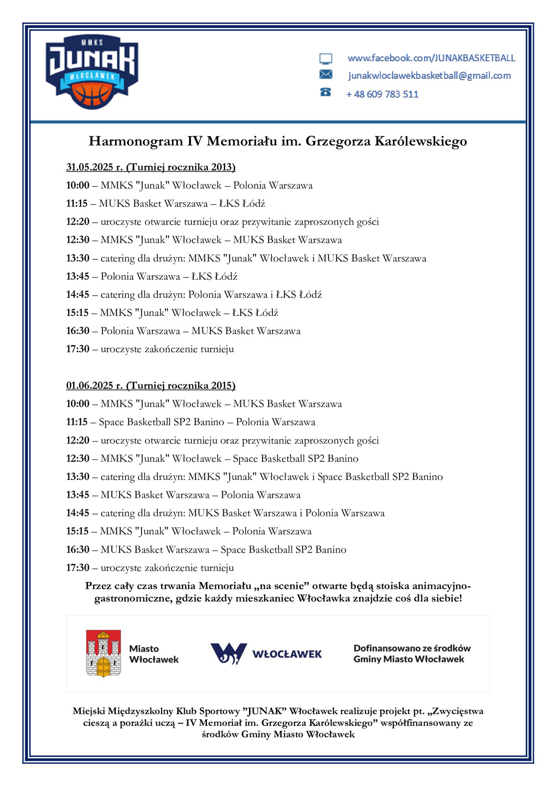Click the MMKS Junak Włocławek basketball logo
[x=92, y=72]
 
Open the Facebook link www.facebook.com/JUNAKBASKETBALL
[x=431, y=58]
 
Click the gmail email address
[x=429, y=75]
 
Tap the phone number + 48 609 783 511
[x=382, y=94]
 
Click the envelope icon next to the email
[x=326, y=75]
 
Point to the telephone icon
[x=326, y=92]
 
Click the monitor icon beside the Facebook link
[x=326, y=59]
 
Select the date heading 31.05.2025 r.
[x=94, y=167]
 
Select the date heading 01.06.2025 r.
[x=94, y=385]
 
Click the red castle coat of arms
[x=103, y=653]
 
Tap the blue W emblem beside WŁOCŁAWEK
[x=228, y=654]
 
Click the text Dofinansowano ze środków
[x=412, y=648]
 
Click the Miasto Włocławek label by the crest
[x=153, y=654]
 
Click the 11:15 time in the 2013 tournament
[x=77, y=203]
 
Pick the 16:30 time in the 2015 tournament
[x=77, y=549]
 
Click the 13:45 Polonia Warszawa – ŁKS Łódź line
[x=152, y=277]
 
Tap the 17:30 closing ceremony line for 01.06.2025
[x=150, y=568]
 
